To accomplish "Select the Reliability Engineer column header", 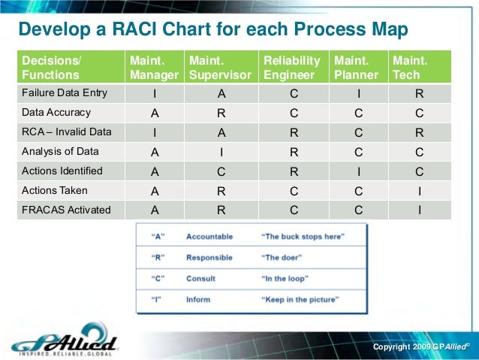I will tap(292, 68).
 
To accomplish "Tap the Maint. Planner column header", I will tap(356, 68).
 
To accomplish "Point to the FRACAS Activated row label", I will tap(65, 210).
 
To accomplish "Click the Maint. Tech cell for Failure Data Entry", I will tap(419, 94).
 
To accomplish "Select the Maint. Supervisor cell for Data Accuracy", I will tap(221, 113).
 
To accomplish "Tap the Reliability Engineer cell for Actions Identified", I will tap(293, 171).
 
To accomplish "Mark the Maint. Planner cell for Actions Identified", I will tap(359, 171).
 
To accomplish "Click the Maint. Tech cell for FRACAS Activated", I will tap(419, 210).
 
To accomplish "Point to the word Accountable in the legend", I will tap(209, 236).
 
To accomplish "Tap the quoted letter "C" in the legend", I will tap(158, 278).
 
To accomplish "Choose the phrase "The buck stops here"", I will tap(302, 236).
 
